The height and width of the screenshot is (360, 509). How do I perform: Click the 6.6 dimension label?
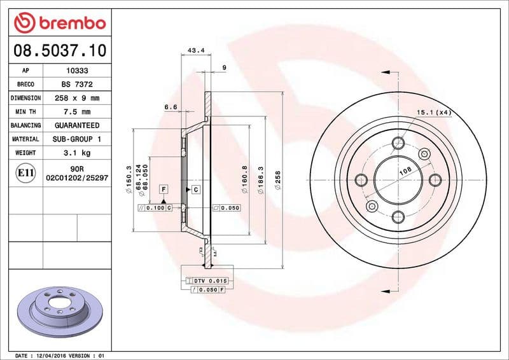click(x=171, y=107)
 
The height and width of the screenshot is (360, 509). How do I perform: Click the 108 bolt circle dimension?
click(x=403, y=172)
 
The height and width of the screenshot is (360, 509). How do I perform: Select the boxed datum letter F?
click(x=164, y=190)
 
